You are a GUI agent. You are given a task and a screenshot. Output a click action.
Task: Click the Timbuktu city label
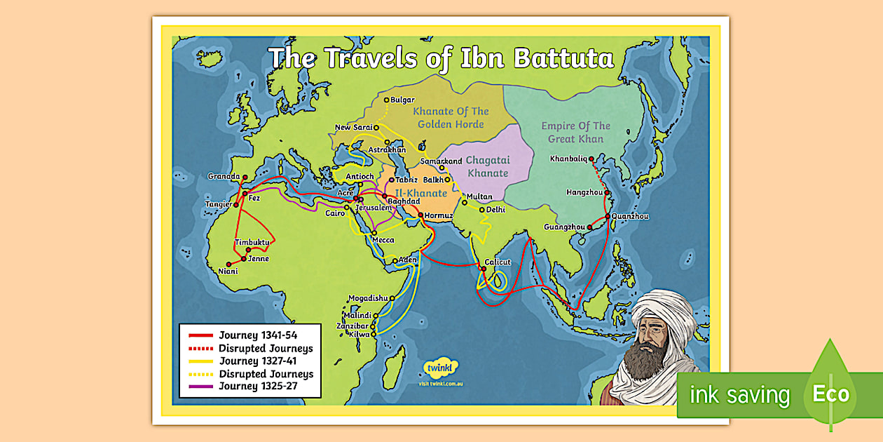[252, 242]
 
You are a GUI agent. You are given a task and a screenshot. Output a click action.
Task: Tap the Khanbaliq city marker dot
[591, 159]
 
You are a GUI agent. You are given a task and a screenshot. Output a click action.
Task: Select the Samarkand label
[441, 161]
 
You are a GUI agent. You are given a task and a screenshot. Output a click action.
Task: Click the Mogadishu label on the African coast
[367, 297]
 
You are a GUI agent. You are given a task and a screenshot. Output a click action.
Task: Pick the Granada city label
[224, 177]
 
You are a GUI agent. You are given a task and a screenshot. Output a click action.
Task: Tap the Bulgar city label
[402, 100]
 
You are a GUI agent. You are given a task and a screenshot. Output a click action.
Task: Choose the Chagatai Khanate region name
[488, 166]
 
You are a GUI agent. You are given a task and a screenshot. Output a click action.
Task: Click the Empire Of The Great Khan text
[575, 132]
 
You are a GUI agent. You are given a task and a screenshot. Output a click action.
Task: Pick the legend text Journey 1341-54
[257, 335]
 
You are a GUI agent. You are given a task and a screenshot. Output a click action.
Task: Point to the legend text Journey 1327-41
[257, 361]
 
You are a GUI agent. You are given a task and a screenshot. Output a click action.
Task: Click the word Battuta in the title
[563, 59]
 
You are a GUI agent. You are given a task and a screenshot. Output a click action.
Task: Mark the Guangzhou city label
[565, 227]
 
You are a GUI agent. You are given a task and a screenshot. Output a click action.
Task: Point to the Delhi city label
[495, 209]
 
